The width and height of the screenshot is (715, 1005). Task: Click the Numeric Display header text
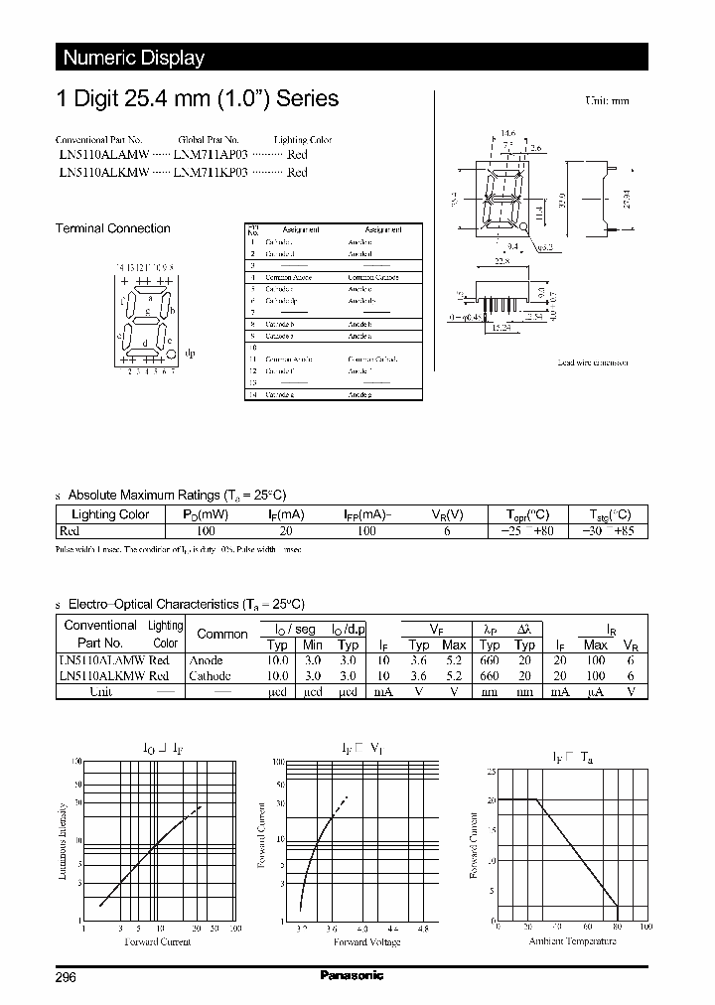[133, 58]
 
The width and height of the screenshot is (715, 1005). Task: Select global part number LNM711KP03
[212, 172]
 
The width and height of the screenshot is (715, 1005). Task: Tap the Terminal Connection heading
[112, 228]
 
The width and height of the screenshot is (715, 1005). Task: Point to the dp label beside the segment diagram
[190, 353]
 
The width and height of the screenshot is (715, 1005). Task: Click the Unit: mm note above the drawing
[606, 101]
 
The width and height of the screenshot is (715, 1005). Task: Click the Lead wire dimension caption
[593, 363]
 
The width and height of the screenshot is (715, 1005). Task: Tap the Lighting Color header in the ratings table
[110, 514]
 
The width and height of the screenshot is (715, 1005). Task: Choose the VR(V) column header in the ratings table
[447, 514]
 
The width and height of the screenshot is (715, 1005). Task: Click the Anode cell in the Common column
[206, 659]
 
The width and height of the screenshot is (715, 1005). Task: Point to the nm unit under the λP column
[488, 691]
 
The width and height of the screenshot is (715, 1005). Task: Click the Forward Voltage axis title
[366, 941]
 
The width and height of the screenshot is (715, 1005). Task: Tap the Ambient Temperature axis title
[571, 940]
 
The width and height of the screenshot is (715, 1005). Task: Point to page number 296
[66, 977]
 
